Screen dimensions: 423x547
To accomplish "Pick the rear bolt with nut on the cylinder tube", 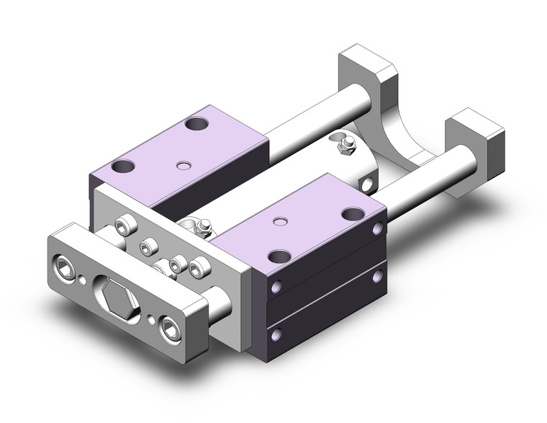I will coord(345,146).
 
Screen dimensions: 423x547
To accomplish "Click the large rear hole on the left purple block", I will coord(195,124).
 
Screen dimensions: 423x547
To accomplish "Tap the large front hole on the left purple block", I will coord(124,167).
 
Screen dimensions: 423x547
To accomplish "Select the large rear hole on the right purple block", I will coord(352,214).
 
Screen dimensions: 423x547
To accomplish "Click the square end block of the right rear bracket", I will coord(472,135).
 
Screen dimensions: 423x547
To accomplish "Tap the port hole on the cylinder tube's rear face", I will coord(369,184).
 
